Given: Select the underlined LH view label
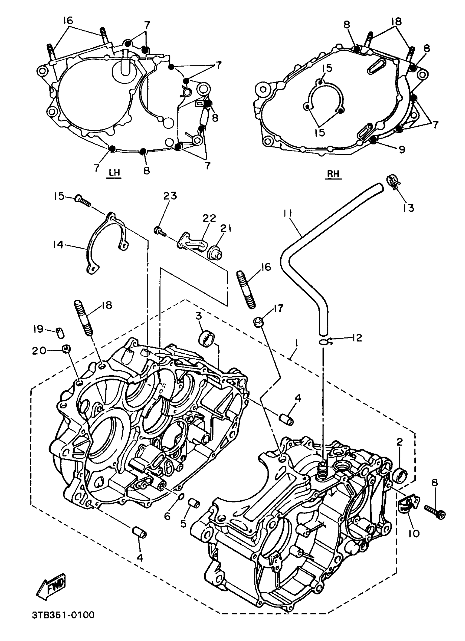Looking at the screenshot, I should click(x=114, y=173).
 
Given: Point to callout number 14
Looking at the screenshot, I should click(x=58, y=244).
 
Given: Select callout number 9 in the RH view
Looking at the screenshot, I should click(x=402, y=149).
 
